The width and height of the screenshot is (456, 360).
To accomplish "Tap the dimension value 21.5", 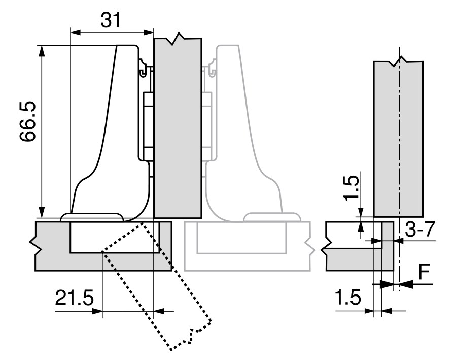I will (75, 297).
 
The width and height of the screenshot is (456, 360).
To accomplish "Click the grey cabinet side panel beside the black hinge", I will (178, 127).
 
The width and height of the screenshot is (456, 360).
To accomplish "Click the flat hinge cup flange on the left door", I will (92, 217).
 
